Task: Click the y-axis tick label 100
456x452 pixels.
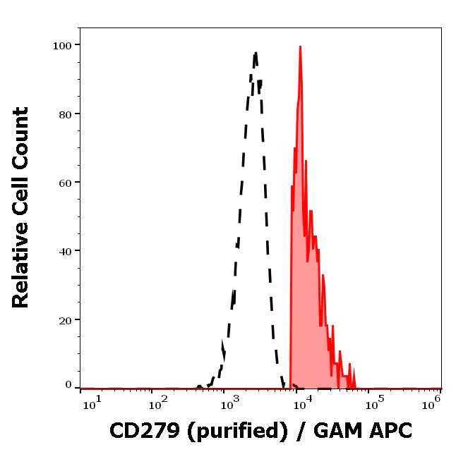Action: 63,45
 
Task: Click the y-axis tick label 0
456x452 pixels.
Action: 68,385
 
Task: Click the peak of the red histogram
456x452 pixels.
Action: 300,47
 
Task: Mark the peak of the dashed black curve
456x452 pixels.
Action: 256,52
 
